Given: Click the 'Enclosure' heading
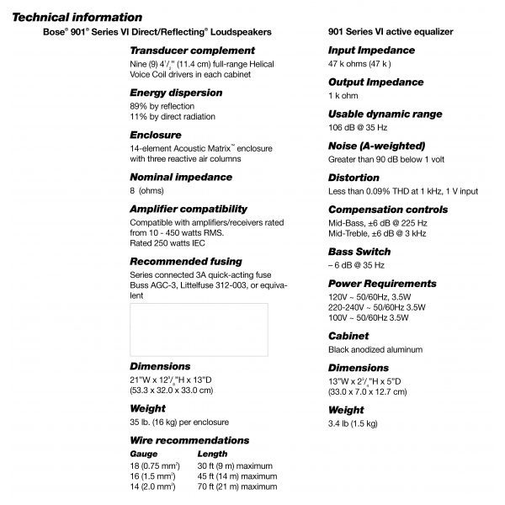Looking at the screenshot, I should (x=156, y=135).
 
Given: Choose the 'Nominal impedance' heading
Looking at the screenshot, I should (x=180, y=177).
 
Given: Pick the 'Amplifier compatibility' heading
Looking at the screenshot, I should (x=188, y=208).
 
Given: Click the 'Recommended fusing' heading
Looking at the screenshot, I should (x=185, y=261).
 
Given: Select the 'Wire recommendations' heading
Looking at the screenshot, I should (x=189, y=440).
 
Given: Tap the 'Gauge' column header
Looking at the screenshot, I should (x=143, y=454).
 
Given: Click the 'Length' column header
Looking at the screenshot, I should (x=212, y=454).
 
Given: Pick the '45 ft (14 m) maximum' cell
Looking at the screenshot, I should (x=237, y=476).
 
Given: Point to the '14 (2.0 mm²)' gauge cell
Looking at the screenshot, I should (x=152, y=486).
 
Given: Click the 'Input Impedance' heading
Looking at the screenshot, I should (x=371, y=50).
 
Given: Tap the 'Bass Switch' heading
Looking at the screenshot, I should (x=359, y=252).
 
